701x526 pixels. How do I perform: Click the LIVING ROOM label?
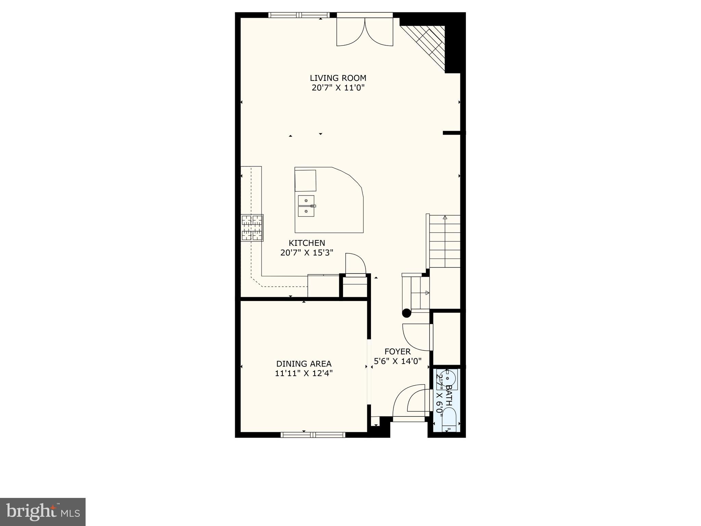tap(338, 78)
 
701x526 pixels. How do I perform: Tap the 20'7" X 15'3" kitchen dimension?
tap(307, 253)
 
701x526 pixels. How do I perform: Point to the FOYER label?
tap(397, 351)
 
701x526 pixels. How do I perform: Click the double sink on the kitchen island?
tap(306, 206)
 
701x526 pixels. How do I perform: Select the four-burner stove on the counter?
tap(252, 228)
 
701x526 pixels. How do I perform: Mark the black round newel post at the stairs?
tap(406, 313)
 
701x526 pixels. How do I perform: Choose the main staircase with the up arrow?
tap(445, 241)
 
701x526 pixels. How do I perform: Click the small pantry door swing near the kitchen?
tap(355, 264)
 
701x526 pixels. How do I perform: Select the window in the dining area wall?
tap(313, 435)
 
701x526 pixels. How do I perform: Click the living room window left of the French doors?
tap(299, 15)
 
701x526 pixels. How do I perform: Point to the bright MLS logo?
tap(42, 512)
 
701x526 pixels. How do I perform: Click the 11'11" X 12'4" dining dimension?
tap(304, 373)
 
